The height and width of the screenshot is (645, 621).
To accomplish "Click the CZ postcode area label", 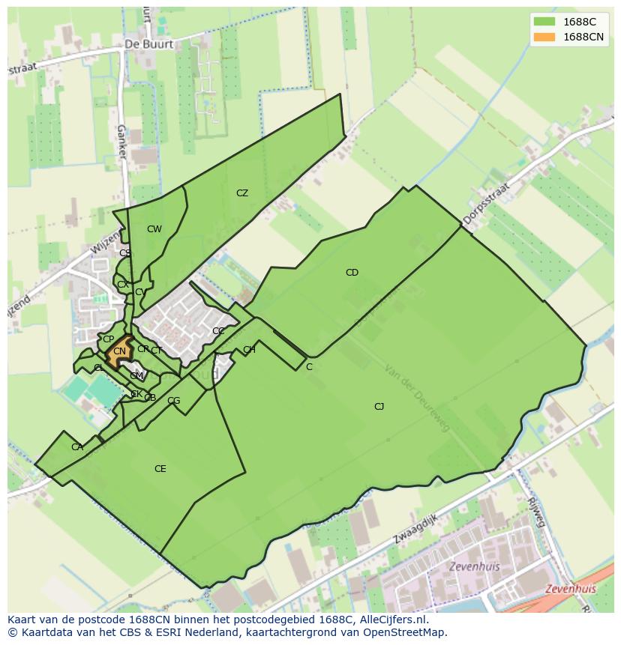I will (241, 193).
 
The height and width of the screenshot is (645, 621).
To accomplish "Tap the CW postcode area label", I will (154, 229).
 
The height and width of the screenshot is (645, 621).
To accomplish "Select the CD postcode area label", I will (352, 273).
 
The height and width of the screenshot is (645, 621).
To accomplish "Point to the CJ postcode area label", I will (379, 407).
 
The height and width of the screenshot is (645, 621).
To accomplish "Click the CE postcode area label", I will (160, 469).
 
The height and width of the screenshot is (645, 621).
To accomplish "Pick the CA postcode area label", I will (77, 447).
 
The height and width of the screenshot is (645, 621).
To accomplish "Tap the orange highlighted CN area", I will (119, 351).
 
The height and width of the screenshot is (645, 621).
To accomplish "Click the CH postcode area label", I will (249, 350).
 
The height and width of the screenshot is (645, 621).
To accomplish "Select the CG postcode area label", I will (173, 401).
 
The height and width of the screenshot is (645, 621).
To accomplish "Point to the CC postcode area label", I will (218, 331).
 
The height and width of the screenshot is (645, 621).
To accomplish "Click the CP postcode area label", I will (108, 339).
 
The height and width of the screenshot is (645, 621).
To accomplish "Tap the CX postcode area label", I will (122, 285).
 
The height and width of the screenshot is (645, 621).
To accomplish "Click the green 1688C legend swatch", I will (544, 21).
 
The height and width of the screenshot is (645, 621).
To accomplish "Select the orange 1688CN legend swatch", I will (544, 37).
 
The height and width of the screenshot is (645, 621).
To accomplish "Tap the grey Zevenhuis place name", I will (474, 566).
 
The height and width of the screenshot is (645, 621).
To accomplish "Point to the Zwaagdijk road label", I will (415, 529).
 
